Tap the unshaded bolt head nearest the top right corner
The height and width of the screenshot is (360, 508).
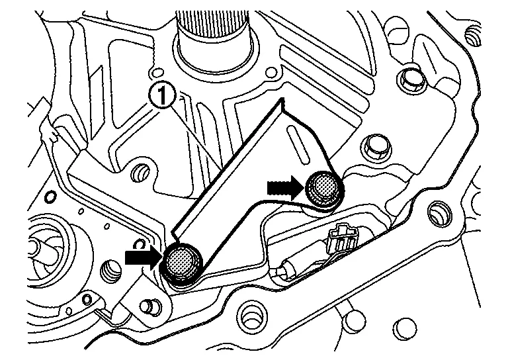[x=412, y=80]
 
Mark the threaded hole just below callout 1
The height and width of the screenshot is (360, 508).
[x=140, y=173]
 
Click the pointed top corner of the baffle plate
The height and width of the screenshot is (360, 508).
[x=282, y=101]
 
